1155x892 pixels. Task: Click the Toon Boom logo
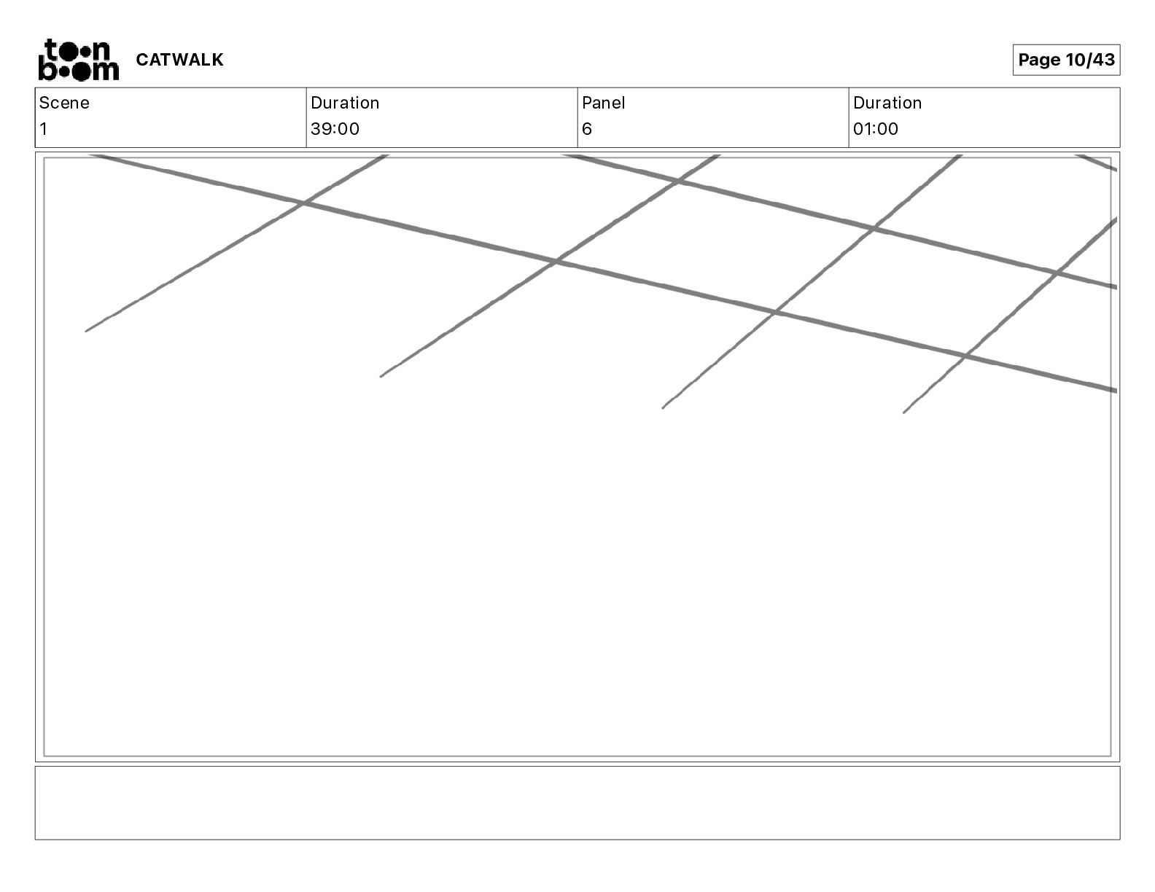(78, 60)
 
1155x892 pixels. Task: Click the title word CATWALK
(179, 60)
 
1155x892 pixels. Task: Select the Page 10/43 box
(1066, 60)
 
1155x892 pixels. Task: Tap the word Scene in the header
(64, 103)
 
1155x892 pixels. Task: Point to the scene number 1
(44, 129)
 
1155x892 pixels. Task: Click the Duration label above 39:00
(345, 103)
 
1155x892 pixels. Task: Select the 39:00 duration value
(335, 129)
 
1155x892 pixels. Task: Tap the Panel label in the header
(603, 103)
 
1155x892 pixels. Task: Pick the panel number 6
(587, 129)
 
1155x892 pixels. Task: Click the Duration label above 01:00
(887, 103)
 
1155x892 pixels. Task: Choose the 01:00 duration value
(876, 129)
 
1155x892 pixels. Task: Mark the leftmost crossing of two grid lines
(303, 203)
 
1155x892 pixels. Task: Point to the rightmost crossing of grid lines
(1056, 273)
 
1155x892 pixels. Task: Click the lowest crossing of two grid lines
(965, 356)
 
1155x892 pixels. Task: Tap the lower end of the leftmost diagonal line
(87, 331)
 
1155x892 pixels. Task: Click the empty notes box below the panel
(577, 802)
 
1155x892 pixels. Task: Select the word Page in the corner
(1039, 60)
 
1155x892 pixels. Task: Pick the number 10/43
(1090, 60)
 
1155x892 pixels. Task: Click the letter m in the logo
(106, 71)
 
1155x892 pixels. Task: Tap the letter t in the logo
(50, 50)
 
